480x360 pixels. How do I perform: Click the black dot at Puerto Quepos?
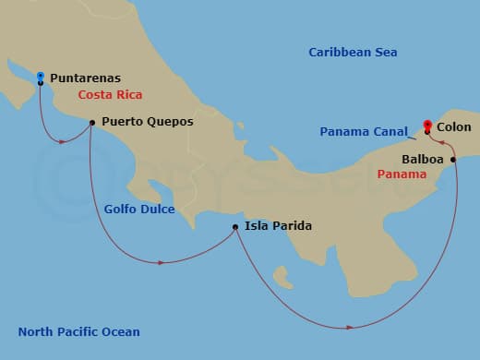pyautogui.click(x=91, y=122)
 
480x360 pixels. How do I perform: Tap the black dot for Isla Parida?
pyautogui.click(x=235, y=226)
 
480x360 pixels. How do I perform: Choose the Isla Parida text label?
pyautogui.click(x=279, y=225)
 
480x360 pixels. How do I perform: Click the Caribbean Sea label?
pyautogui.click(x=353, y=53)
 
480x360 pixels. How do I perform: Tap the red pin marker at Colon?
pyautogui.click(x=427, y=126)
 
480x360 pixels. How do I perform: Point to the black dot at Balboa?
pyautogui.click(x=453, y=160)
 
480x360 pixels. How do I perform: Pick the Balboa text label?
pyautogui.click(x=422, y=159)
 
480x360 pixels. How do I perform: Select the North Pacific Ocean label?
pyautogui.click(x=79, y=331)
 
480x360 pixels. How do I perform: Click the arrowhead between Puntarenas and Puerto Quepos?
pyautogui.click(x=62, y=141)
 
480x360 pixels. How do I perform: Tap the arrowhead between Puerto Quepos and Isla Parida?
pyautogui.click(x=162, y=262)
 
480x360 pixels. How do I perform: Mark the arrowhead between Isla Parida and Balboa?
pyautogui.click(x=350, y=327)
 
